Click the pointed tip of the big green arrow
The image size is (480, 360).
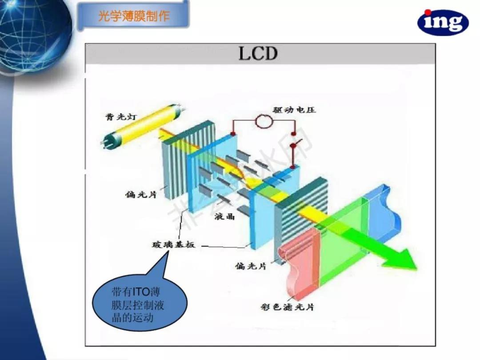tap(416, 269)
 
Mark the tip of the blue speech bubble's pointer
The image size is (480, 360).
tap(168, 251)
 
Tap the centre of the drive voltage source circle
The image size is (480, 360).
tap(264, 121)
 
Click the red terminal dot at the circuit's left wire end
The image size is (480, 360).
tap(233, 134)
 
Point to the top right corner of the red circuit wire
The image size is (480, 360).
tap(295, 120)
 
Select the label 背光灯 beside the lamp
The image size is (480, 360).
tap(121, 117)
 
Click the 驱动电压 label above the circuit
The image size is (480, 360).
tap(294, 110)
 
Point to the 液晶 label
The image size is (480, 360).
tap(225, 216)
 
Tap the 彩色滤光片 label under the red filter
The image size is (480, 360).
tap(288, 307)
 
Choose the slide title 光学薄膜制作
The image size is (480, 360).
tap(134, 16)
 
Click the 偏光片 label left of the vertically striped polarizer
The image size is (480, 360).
tap(141, 194)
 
